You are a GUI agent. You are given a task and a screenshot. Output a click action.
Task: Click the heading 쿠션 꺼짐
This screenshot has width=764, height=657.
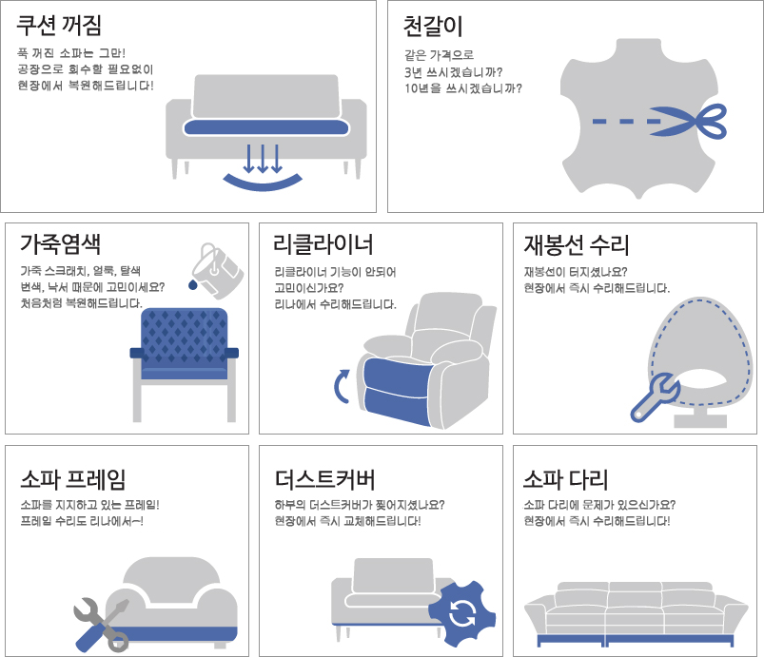(x=59, y=26)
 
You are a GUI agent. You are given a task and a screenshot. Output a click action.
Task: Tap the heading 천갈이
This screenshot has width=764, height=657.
(x=433, y=27)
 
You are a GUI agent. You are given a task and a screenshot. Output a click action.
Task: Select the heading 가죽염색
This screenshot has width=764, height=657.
(x=61, y=244)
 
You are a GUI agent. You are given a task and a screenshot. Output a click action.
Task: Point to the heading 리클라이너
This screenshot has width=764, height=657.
(x=323, y=244)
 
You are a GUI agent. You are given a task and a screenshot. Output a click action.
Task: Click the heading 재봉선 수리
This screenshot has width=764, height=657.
(x=577, y=245)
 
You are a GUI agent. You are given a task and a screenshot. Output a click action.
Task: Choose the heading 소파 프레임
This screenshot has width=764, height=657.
(x=73, y=479)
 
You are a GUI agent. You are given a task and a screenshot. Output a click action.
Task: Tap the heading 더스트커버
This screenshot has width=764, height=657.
(x=325, y=479)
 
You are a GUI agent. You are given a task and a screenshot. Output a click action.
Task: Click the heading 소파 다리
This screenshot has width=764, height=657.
(x=566, y=479)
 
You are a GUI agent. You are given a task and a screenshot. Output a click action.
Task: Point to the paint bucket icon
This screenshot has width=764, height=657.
(x=217, y=270)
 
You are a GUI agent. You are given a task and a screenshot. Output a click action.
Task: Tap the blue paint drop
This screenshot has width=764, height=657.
(x=193, y=284)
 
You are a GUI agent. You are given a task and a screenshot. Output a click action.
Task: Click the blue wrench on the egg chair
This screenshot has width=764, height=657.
(x=655, y=396)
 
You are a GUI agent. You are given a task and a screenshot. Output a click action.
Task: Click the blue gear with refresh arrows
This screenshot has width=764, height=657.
(x=461, y=613)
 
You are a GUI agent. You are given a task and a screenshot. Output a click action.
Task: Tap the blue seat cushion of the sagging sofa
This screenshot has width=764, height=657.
(x=266, y=127)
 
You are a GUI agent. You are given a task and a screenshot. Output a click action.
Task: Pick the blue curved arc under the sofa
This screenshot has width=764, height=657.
(x=263, y=183)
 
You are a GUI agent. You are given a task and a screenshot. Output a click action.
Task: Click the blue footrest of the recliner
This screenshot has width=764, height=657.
(x=397, y=391)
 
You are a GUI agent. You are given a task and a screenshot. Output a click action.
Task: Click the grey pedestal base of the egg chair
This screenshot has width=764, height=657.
(x=700, y=416)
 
